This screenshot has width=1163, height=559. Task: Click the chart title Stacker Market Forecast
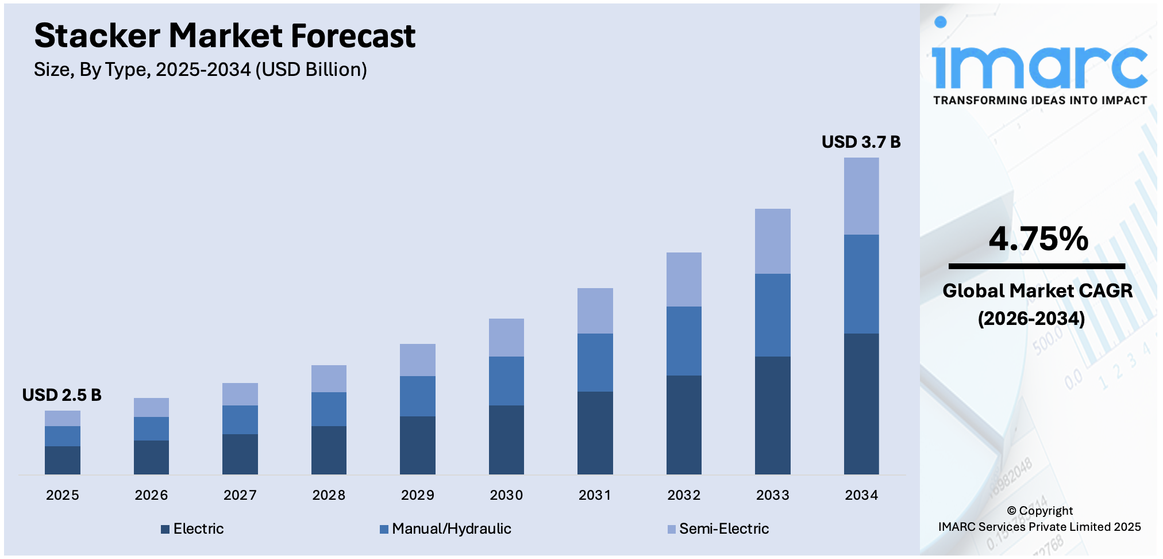(x=225, y=36)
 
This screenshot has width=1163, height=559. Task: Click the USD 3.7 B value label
(x=861, y=142)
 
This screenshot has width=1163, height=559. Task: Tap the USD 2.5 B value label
(x=61, y=395)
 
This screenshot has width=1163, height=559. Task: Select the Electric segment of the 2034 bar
(x=861, y=404)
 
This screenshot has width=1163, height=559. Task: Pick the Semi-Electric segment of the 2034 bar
(x=861, y=196)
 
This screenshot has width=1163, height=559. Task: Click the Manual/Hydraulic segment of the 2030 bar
(x=506, y=381)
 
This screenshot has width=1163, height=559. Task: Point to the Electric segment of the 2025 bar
(x=63, y=460)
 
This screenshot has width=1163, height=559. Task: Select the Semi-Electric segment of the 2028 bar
(x=329, y=378)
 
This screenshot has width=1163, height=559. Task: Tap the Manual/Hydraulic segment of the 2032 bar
(x=684, y=341)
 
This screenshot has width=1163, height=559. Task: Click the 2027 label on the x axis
(x=240, y=495)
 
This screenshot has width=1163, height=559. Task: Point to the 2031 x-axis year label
(x=595, y=495)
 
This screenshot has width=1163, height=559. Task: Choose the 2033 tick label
(x=773, y=495)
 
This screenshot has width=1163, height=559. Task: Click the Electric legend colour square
(x=165, y=529)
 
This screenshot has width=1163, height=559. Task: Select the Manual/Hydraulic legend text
(x=452, y=529)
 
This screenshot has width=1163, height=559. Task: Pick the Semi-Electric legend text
(x=724, y=529)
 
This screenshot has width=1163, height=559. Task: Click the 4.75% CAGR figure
(x=1038, y=239)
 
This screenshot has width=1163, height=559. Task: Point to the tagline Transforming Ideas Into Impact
(x=1040, y=101)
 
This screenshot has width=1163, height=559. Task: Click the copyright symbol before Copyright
(x=1011, y=511)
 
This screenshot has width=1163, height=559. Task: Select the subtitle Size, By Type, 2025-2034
(x=200, y=70)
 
